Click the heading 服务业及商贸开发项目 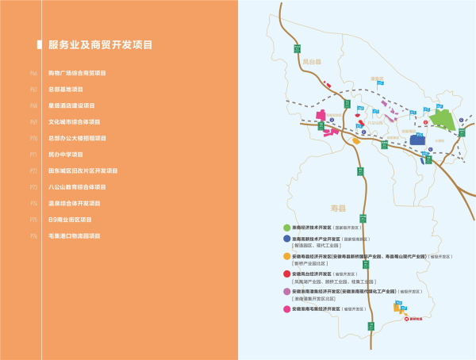tap(101, 44)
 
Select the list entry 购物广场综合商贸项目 tap(78, 73)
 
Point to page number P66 tap(33, 73)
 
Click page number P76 tap(33, 236)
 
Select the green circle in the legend tap(286, 228)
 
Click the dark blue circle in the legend tap(286, 239)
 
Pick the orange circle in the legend tap(286, 256)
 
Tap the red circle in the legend tap(286, 274)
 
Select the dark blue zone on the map tap(417, 139)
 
